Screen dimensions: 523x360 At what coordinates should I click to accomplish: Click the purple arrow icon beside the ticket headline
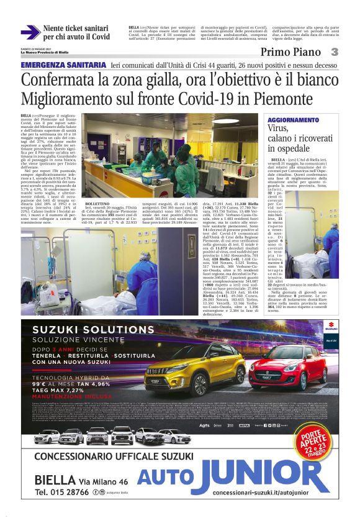30,32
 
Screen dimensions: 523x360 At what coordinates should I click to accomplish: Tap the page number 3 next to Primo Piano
333,52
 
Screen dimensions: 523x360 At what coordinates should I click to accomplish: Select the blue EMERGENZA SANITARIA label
63,65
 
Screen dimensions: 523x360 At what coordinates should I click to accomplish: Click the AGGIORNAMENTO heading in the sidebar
293,120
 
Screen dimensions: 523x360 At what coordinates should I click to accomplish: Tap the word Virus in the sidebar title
277,129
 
